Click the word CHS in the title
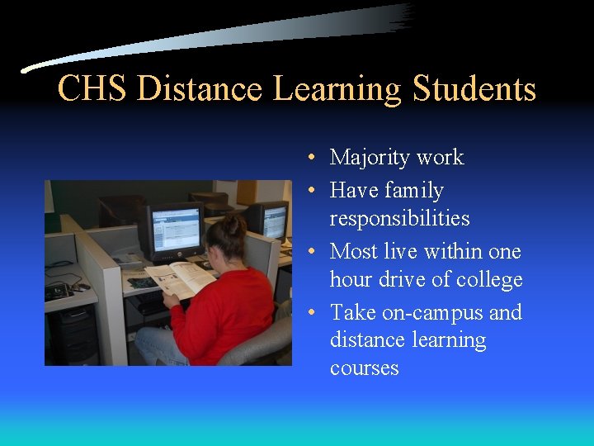pyautogui.click(x=92, y=89)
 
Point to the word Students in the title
pyautogui.click(x=474, y=89)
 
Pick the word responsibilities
pyautogui.click(x=399, y=219)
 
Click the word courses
pyautogui.click(x=364, y=368)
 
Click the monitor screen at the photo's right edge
pyautogui.click(x=276, y=221)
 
